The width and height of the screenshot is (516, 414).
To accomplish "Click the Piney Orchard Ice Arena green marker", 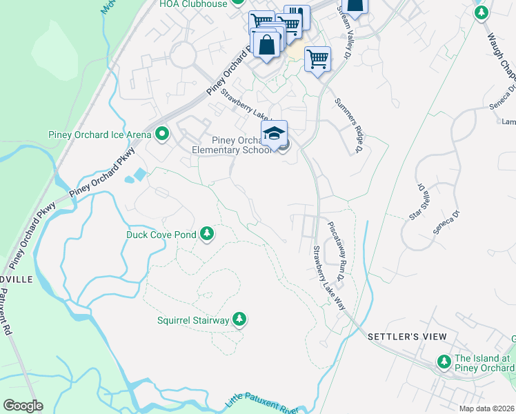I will point(162,132).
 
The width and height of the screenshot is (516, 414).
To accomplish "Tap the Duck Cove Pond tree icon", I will point(206,235).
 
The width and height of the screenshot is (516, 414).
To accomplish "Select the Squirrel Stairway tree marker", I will point(239,319).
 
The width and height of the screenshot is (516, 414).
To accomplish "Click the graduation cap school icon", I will point(274,132).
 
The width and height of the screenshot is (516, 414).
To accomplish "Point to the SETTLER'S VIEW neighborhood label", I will point(407,336).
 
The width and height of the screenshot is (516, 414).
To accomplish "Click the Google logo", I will point(22,406).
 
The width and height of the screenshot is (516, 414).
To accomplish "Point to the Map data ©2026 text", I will point(486,408).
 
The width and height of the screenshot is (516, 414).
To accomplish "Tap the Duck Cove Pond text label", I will point(161,235).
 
